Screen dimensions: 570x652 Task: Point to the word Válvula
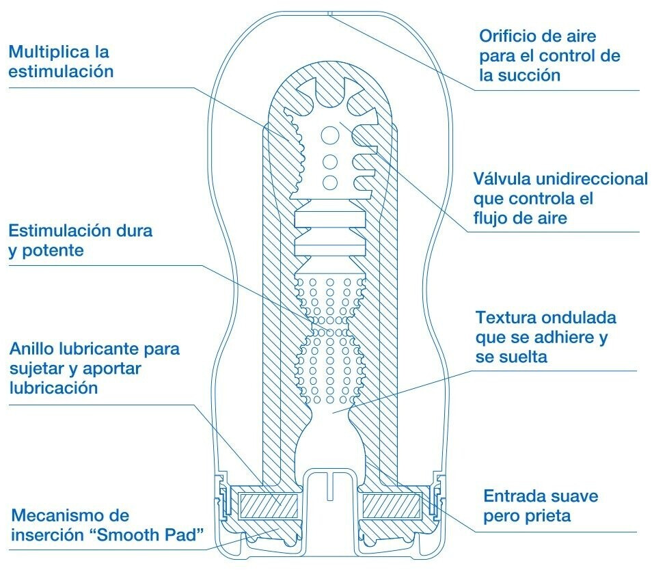(505, 179)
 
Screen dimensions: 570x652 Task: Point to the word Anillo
(31, 349)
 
